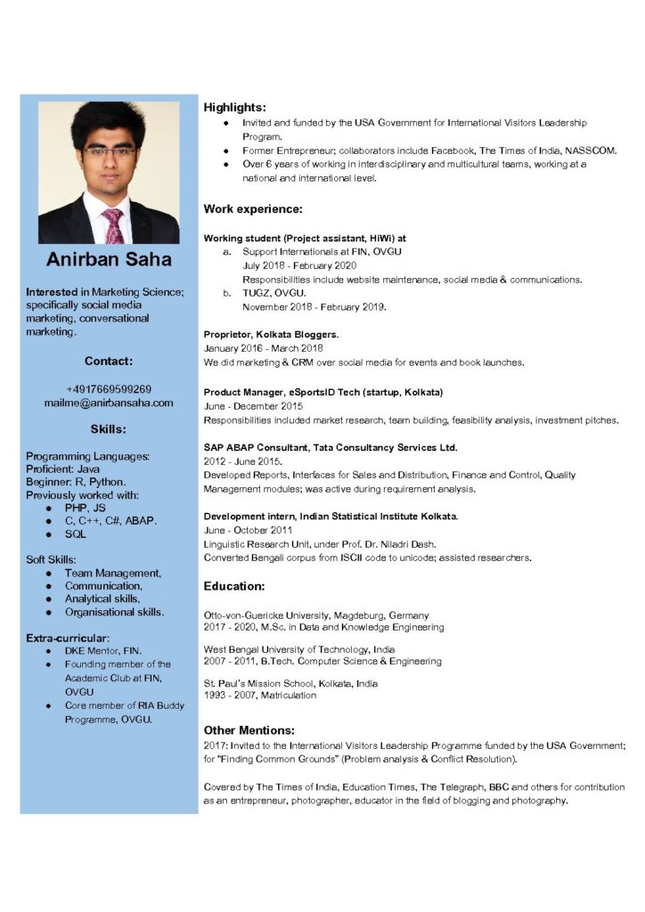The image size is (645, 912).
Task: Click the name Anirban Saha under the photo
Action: [x=109, y=260]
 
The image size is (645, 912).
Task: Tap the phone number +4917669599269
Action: [x=109, y=389]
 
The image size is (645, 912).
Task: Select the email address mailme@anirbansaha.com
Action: [x=109, y=403]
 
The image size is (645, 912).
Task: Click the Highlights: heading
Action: [x=234, y=107]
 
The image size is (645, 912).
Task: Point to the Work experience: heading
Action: [x=253, y=209]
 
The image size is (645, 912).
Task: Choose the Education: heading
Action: [x=234, y=586]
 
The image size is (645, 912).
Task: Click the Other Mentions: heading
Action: [x=249, y=729]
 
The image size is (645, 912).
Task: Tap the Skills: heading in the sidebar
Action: [x=109, y=429]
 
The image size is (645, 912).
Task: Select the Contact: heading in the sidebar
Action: [x=109, y=362]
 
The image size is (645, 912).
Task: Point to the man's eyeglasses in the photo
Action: [x=109, y=151]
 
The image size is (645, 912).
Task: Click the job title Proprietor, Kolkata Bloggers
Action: [x=271, y=334]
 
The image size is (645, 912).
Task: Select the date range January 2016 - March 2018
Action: [x=263, y=348]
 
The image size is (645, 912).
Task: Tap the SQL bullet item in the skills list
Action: [x=76, y=534]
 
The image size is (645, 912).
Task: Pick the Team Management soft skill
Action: [x=113, y=574]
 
